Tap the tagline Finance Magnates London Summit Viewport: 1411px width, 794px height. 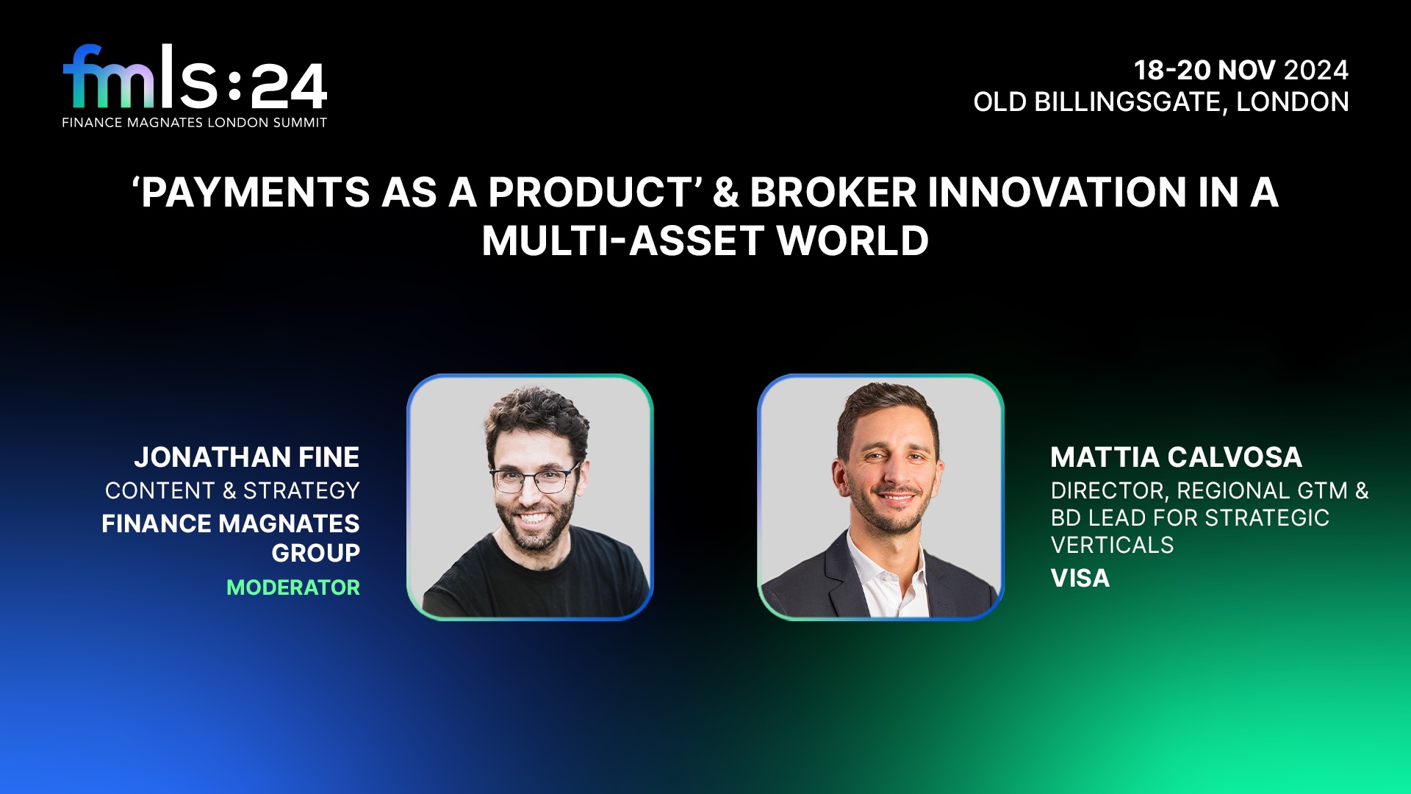point(195,123)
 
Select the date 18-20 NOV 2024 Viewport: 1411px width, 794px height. point(1241,71)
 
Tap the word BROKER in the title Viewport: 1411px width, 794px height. point(833,193)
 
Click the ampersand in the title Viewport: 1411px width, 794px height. point(725,193)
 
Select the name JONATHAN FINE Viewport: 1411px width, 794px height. point(247,457)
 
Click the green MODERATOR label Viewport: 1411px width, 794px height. point(293,587)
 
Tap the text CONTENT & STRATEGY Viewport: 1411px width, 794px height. point(232,490)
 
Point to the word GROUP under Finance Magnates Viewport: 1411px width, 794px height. point(316,553)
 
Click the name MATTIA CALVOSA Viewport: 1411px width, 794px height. point(1176,457)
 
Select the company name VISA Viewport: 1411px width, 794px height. point(1080,579)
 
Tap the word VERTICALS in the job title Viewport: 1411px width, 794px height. point(1112,546)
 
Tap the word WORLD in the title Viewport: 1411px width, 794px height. point(852,241)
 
